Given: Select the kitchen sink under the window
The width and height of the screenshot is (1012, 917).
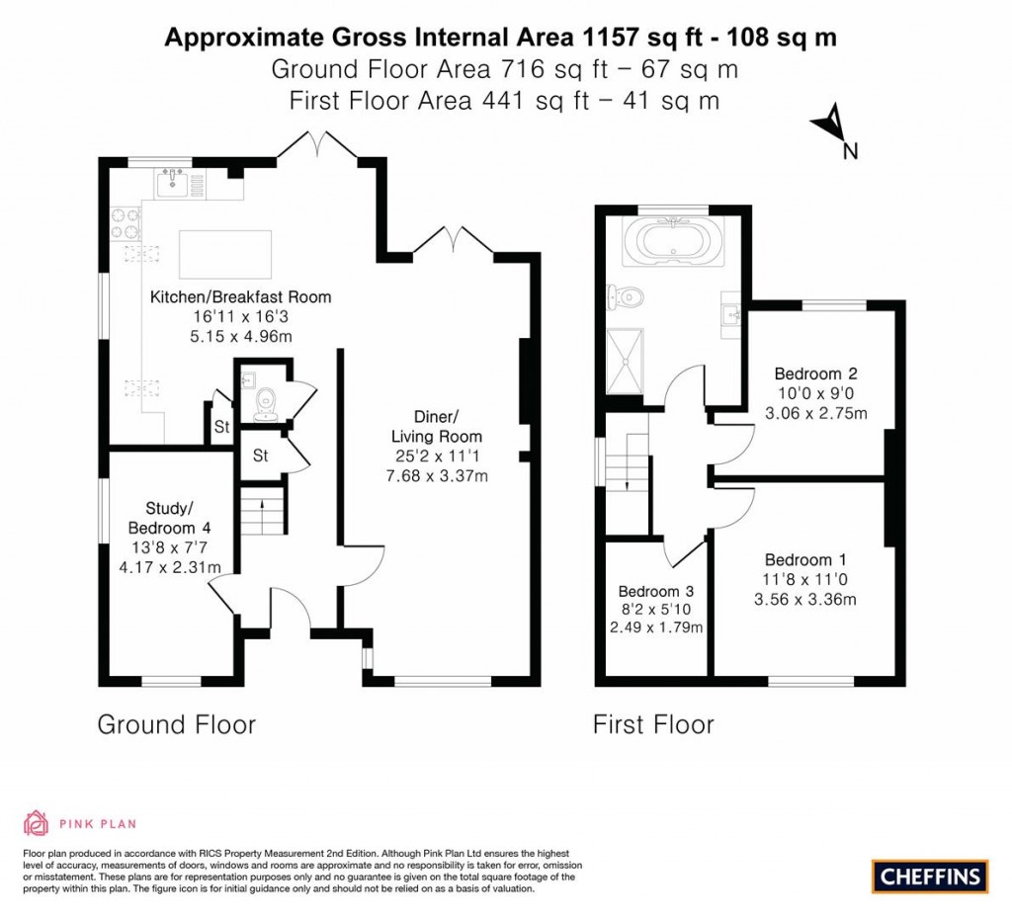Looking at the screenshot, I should tap(175, 182).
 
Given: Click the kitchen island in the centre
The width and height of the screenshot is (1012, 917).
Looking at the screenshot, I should tap(225, 254).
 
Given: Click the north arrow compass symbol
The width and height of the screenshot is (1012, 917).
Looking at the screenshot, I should tap(831, 126).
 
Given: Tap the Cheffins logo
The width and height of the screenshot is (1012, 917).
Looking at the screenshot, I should tap(930, 875).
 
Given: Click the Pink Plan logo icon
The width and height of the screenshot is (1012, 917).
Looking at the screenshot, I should tap(36, 823).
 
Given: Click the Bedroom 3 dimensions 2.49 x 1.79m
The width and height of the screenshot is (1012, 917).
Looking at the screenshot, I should tap(656, 626).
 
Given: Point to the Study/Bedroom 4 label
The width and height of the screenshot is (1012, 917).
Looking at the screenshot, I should tap(169, 517).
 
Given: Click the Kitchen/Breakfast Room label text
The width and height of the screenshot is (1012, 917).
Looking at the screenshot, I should tap(240, 296).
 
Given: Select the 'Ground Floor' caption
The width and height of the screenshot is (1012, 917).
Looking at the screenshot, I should tap(176, 724).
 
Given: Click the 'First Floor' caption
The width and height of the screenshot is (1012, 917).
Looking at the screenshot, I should tap(653, 724).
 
